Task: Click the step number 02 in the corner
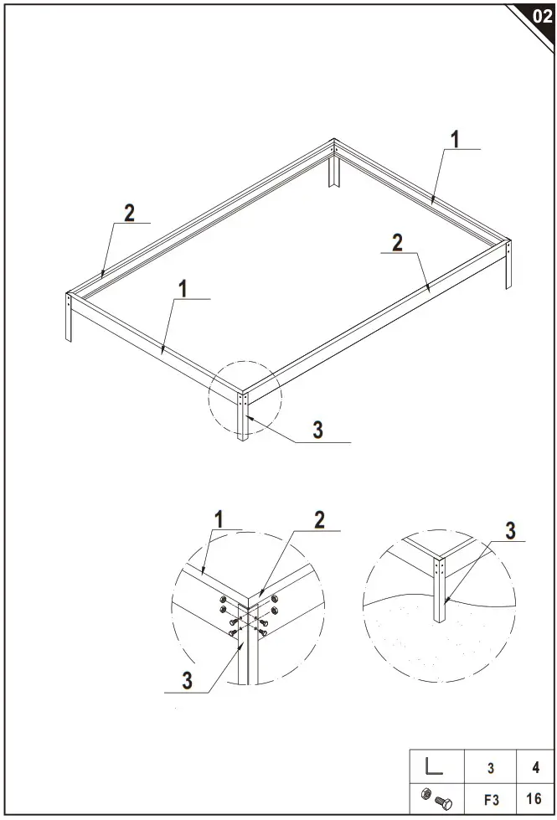tap(541, 16)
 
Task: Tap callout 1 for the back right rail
tap(455, 139)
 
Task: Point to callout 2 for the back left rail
tap(129, 213)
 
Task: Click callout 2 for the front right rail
tap(398, 242)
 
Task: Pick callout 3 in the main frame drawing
tap(317, 430)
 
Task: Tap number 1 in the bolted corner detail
tap(219, 518)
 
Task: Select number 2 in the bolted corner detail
tap(319, 519)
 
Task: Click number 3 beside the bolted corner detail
tap(188, 679)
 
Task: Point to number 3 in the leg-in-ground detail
tap(510, 530)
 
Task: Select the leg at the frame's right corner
tap(508, 266)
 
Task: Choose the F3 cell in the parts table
tap(491, 800)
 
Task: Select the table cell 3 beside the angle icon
tap(491, 766)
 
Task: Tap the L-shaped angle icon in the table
tap(433, 766)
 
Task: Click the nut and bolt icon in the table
tap(433, 800)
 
